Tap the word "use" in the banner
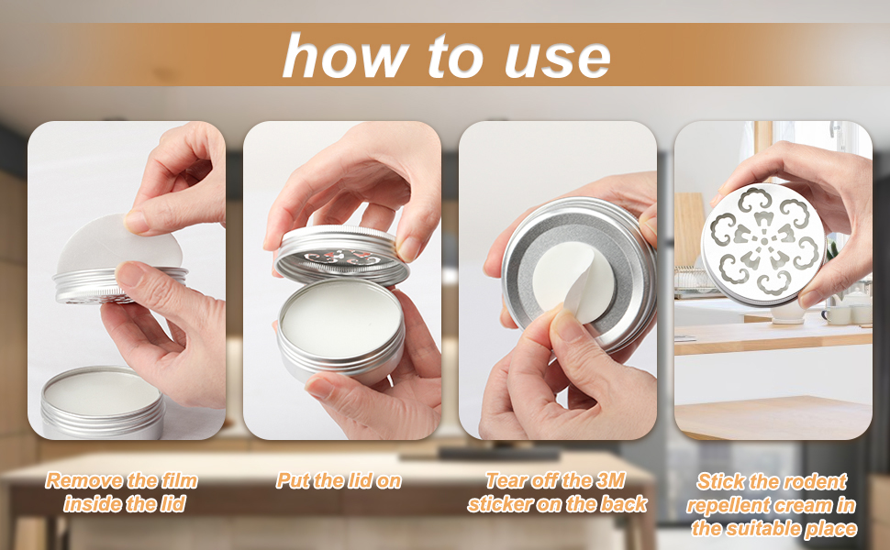coord(558,58)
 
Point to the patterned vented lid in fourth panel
coord(762,243)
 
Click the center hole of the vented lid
coord(764,242)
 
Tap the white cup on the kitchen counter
coord(834,315)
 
